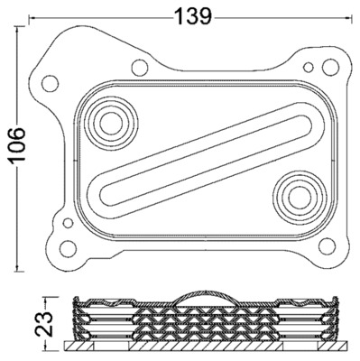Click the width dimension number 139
(x=191, y=15)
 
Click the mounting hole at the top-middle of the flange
(x=140, y=67)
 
